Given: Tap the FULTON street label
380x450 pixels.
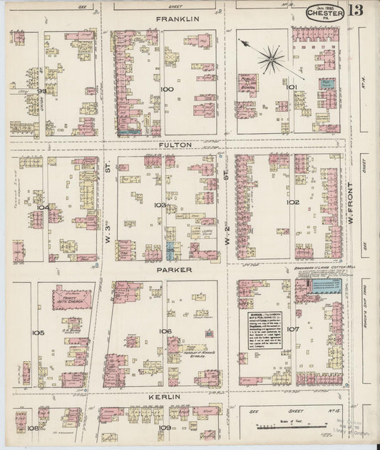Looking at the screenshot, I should pyautogui.click(x=175, y=145).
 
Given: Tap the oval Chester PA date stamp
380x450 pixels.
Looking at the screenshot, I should pyautogui.click(x=325, y=12).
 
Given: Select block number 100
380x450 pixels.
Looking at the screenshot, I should pyautogui.click(x=167, y=89).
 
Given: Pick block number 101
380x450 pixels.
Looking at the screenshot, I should pyautogui.click(x=291, y=88).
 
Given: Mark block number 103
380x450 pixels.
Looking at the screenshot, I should pyautogui.click(x=160, y=205).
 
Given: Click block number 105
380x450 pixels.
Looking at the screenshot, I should pyautogui.click(x=38, y=333).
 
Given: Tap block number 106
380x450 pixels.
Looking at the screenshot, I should pyautogui.click(x=165, y=331).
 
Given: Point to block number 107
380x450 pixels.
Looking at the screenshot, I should pyautogui.click(x=292, y=329).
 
